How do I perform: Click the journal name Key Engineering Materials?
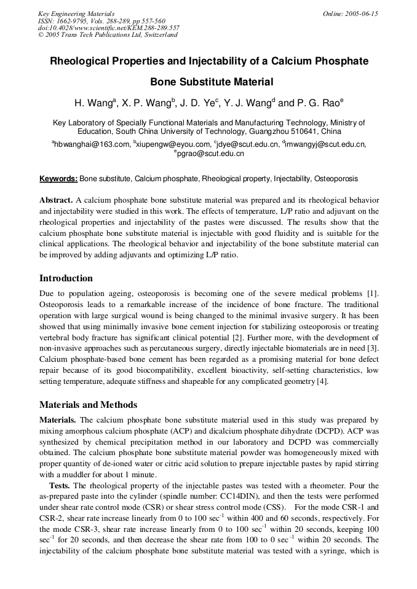(76, 13)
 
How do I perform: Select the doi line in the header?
(109, 28)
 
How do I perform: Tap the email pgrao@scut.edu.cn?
(210, 154)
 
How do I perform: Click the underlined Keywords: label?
(58, 179)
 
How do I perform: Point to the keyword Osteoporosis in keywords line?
(336, 179)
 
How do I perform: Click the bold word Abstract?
(56, 200)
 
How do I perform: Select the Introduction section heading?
(66, 278)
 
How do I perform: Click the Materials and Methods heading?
(88, 405)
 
